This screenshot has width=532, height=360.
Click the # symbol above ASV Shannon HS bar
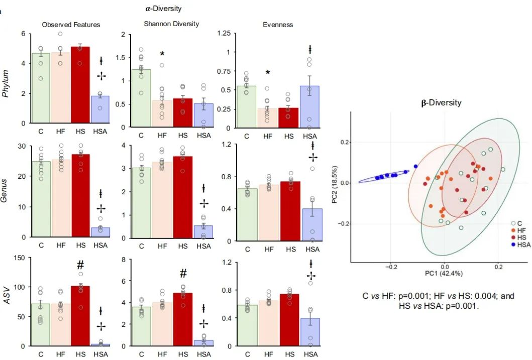click(183, 274)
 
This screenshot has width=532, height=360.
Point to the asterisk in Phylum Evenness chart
click(268, 73)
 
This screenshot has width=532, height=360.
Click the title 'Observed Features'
click(71, 24)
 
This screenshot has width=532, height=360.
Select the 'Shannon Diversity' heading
click(171, 24)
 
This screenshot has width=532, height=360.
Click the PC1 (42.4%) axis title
click(442, 273)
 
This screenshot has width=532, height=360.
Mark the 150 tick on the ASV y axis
click(19, 258)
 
